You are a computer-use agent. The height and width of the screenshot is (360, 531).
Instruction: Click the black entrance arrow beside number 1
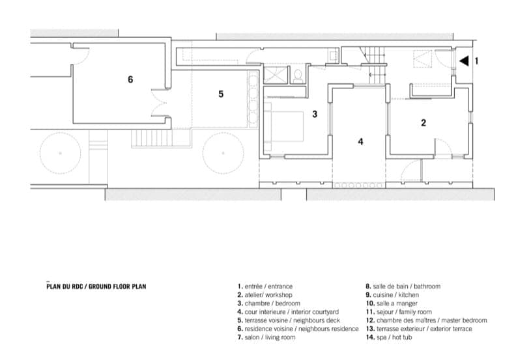pyautogui.click(x=465, y=61)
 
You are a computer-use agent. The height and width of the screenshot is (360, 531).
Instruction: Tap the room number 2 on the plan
pyautogui.click(x=423, y=123)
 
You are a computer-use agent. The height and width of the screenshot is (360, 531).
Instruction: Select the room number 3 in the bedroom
pyautogui.click(x=315, y=114)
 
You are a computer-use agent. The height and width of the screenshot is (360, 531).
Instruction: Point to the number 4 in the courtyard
pyautogui.click(x=360, y=141)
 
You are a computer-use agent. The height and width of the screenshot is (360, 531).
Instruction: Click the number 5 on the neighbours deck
pyautogui.click(x=221, y=94)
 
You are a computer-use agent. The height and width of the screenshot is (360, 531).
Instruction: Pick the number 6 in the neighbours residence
pyautogui.click(x=130, y=79)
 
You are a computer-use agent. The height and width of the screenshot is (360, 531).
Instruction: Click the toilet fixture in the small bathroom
pyautogui.click(x=298, y=76)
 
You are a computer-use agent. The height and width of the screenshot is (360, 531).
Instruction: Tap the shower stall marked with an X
pyautogui.click(x=275, y=74)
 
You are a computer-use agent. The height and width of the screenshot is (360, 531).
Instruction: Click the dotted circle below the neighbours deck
pyautogui.click(x=223, y=153)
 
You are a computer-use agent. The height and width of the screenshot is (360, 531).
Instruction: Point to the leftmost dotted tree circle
pyautogui.click(x=61, y=153)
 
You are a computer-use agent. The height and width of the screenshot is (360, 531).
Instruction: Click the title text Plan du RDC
pyautogui.click(x=66, y=286)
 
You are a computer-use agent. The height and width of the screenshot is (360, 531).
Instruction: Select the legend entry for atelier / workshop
pyautogui.click(x=265, y=295)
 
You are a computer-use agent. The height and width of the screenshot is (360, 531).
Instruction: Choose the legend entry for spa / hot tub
pyautogui.click(x=389, y=337)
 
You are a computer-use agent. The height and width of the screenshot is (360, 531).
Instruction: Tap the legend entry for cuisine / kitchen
pyautogui.click(x=392, y=295)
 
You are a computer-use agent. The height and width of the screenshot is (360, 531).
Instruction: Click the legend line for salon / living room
pyautogui.click(x=266, y=337)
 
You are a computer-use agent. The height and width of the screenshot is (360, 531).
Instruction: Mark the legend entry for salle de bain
pyautogui.click(x=403, y=286)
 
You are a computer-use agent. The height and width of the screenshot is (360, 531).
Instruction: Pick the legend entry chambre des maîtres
pyautogui.click(x=426, y=320)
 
